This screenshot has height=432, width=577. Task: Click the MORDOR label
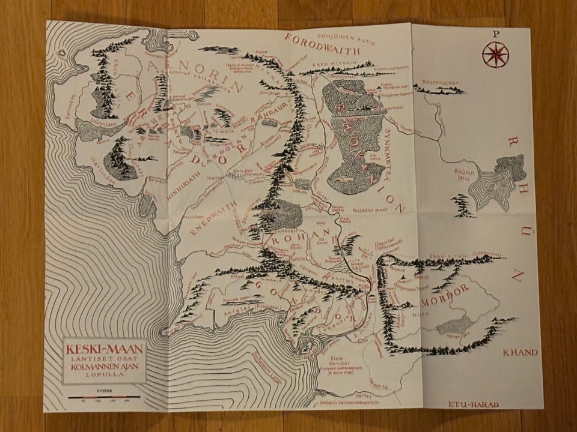pos(445,294)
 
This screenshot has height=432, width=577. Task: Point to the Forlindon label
pos(67,111)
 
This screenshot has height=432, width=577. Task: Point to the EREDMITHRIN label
pos(326,62)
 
